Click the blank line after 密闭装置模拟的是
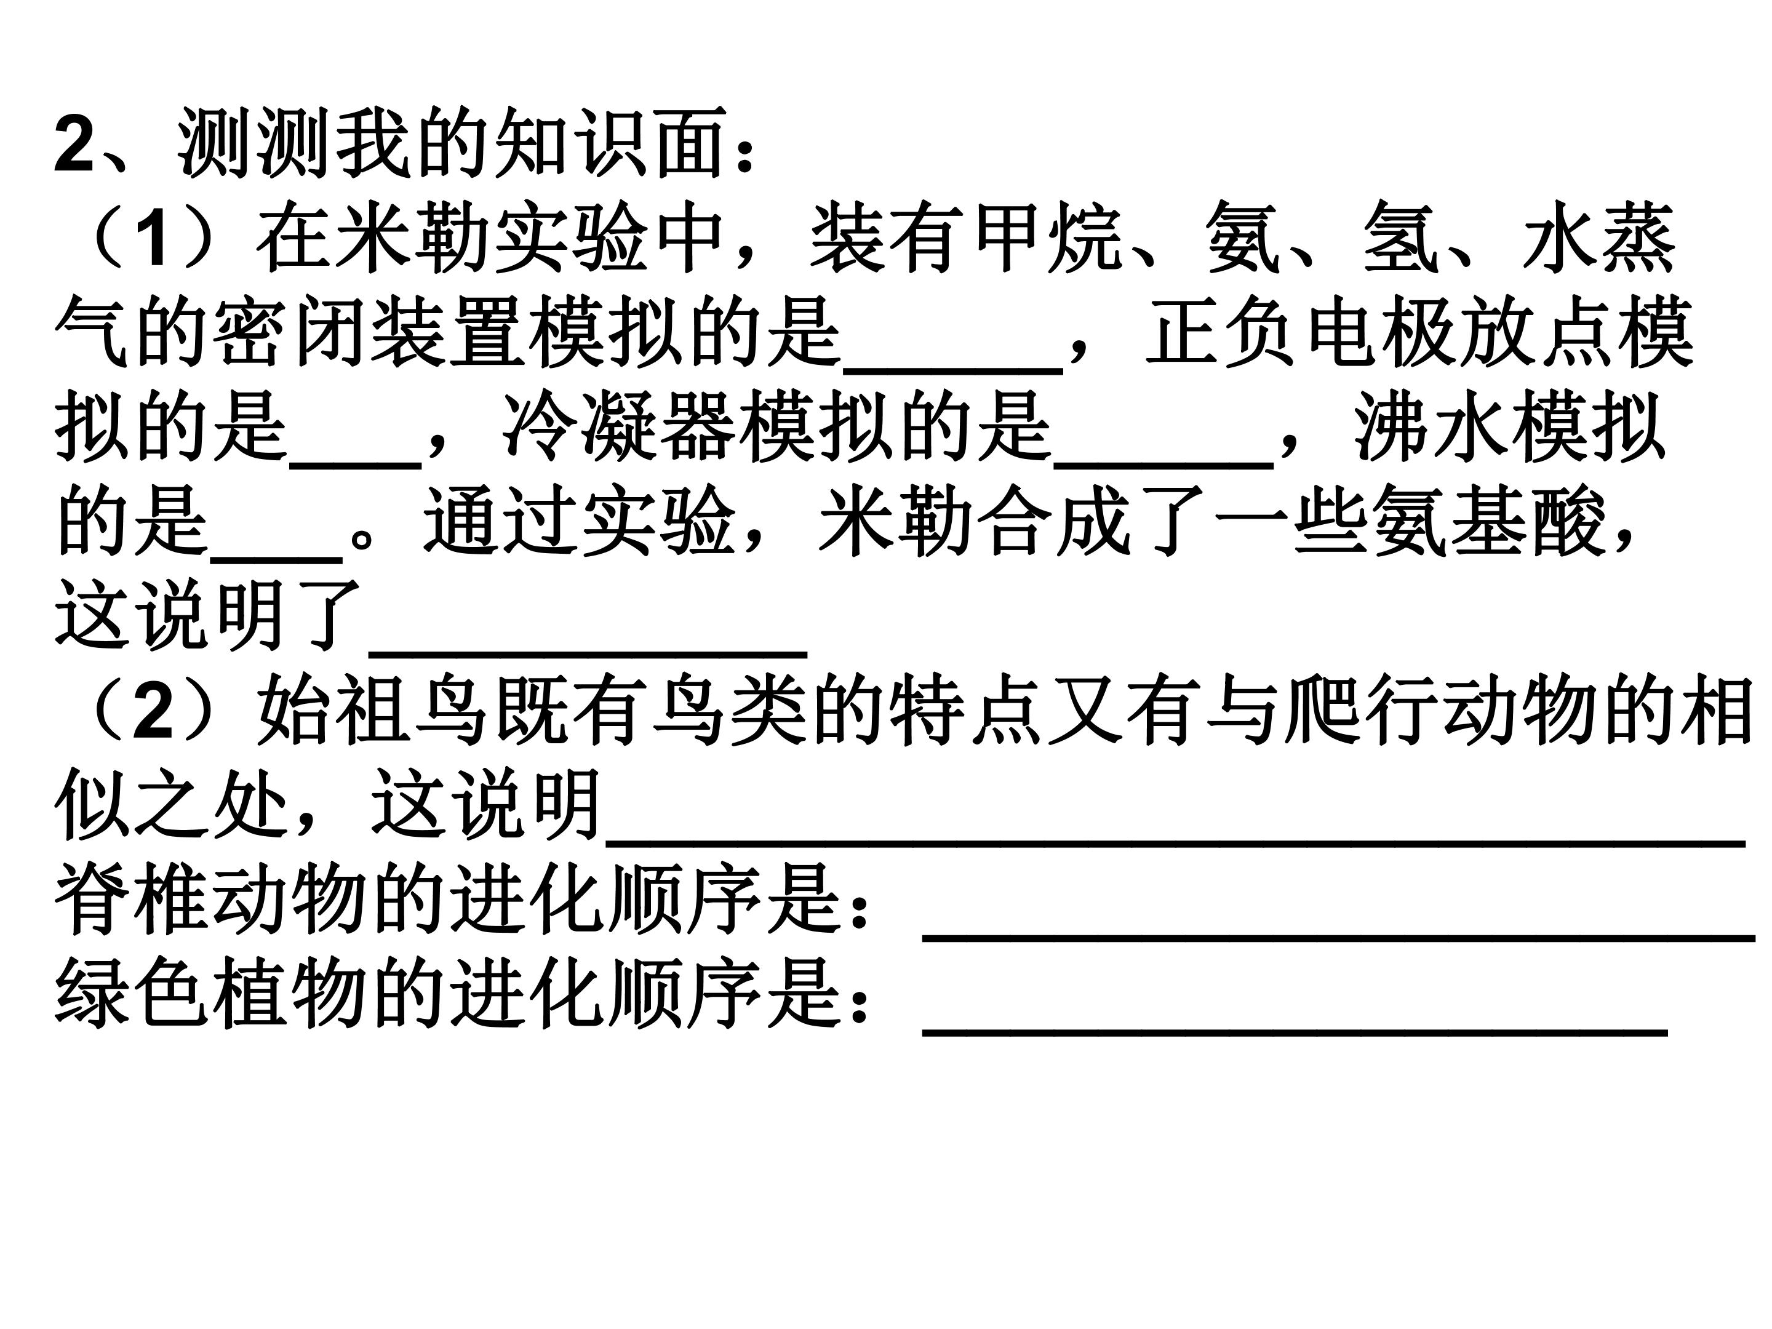point(953,370)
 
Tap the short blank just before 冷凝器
point(356,465)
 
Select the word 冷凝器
point(619,425)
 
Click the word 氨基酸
point(1488,520)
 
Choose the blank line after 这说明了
point(588,653)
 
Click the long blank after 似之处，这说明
point(1176,842)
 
